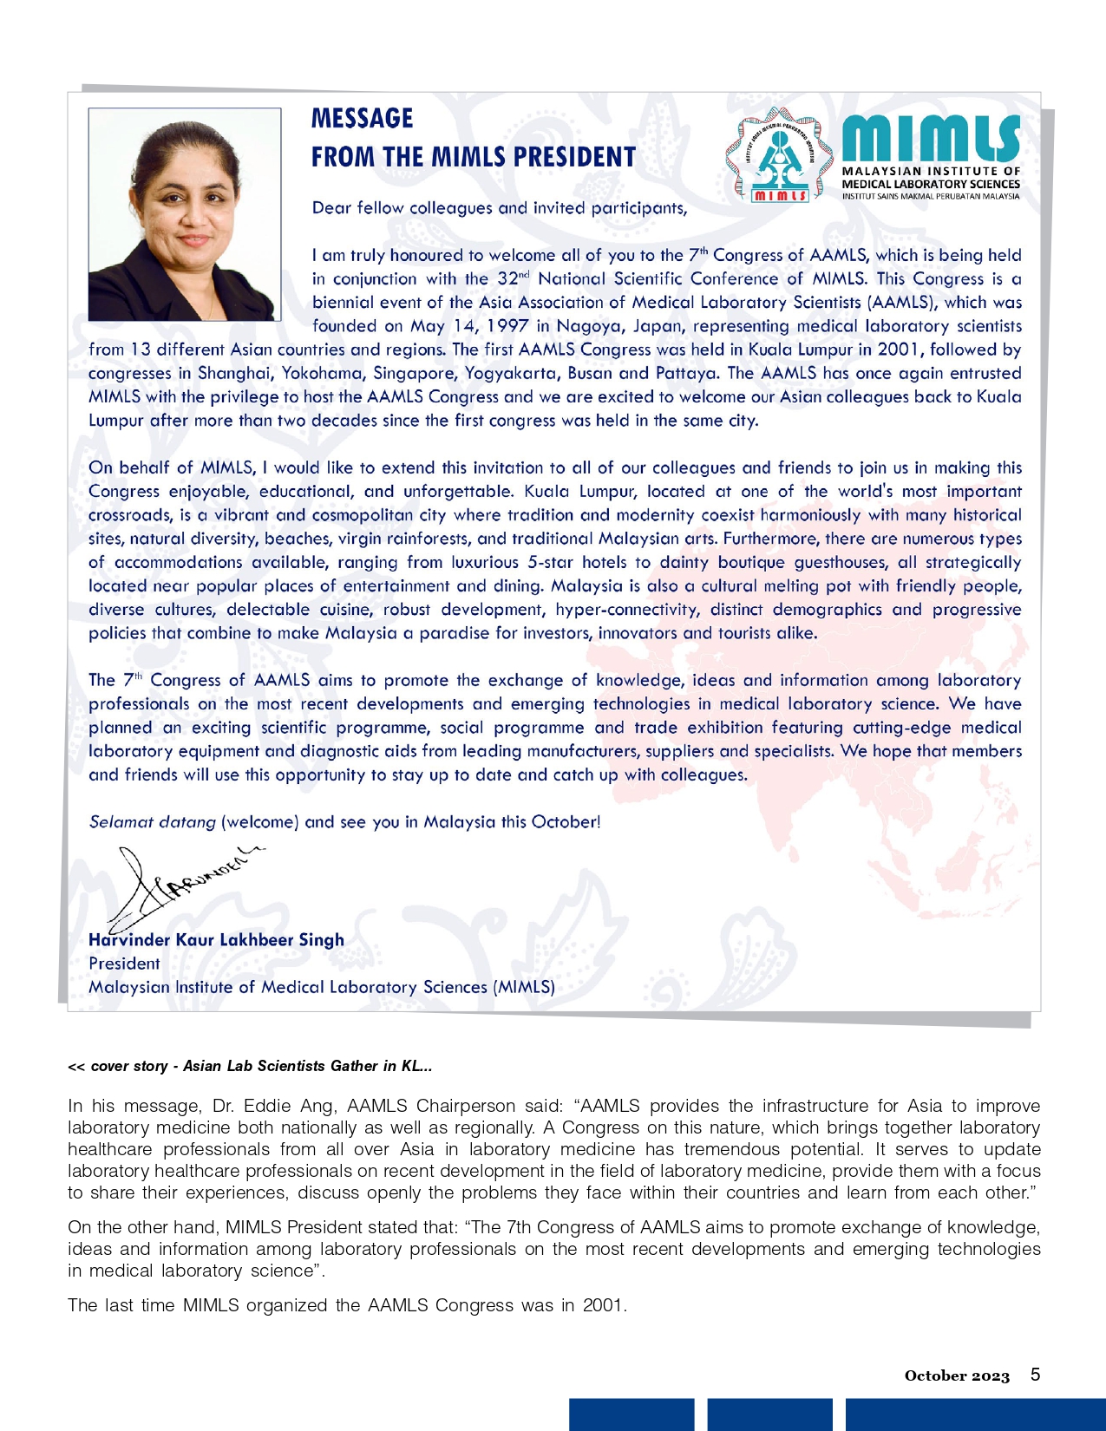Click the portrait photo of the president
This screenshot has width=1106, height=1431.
pyautogui.click(x=185, y=214)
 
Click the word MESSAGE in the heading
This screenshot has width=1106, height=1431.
pyautogui.click(x=362, y=119)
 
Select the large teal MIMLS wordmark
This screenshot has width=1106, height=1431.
pyautogui.click(x=930, y=139)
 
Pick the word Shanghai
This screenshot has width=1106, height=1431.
pyautogui.click(x=234, y=374)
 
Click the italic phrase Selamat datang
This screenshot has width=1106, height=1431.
pyautogui.click(x=152, y=822)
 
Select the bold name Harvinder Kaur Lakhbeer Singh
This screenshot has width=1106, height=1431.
pyautogui.click(x=216, y=940)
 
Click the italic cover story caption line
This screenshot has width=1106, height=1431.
pyautogui.click(x=250, y=1066)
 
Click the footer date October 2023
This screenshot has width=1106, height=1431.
pyautogui.click(x=957, y=1375)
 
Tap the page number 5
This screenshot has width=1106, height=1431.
pyautogui.click(x=1035, y=1375)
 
